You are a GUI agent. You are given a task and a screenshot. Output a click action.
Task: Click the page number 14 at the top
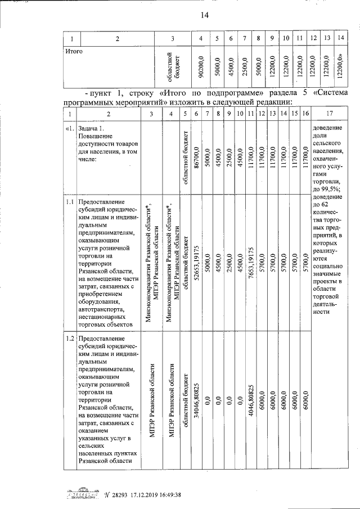pyautogui.click(x=204, y=15)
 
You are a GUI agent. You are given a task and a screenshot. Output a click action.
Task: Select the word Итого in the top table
pyautogui.click(x=74, y=52)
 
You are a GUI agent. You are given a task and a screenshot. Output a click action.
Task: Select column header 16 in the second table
pyautogui.click(x=304, y=114)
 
